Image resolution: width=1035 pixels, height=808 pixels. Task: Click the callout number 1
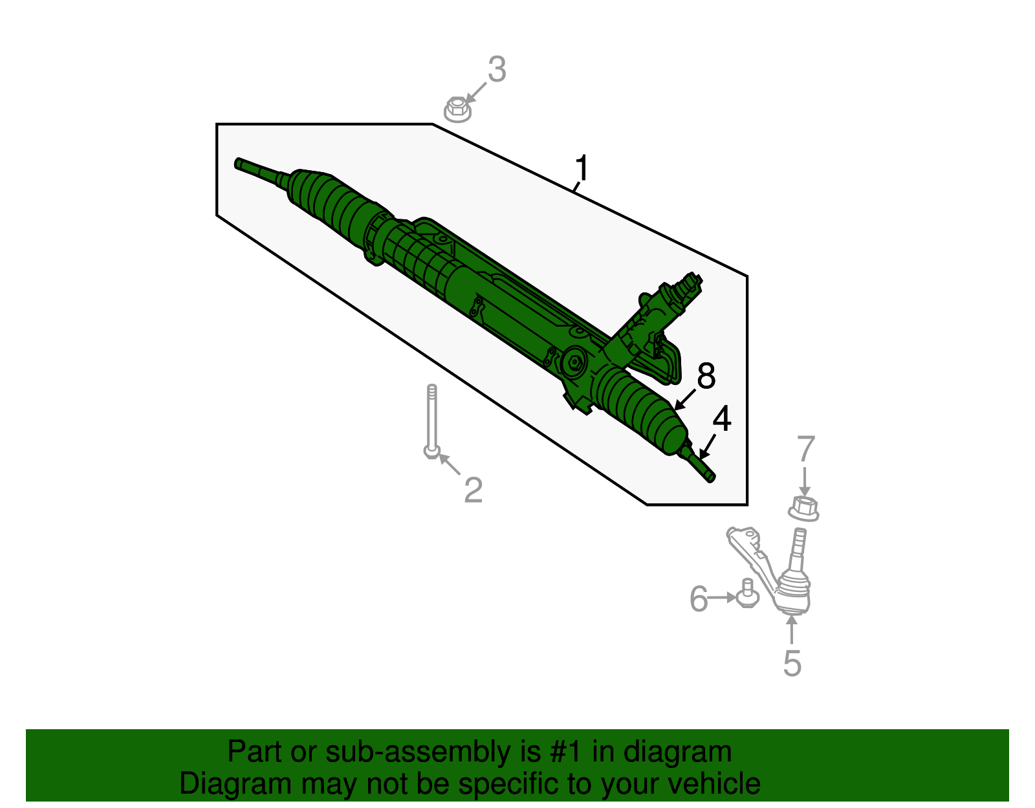coord(582,168)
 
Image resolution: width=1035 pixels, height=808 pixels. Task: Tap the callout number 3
coord(496,69)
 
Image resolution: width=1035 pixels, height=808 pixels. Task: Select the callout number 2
coord(474,490)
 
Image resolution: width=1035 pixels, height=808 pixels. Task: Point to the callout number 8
coord(706,376)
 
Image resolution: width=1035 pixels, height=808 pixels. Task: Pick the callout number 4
coord(722,419)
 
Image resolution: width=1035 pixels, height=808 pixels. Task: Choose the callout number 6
coord(699,598)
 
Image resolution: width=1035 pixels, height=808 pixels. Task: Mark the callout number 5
coord(792,663)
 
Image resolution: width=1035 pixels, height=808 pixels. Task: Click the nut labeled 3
coord(457,109)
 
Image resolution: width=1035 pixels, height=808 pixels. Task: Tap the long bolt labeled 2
coord(431,420)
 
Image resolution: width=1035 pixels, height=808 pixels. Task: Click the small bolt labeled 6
coord(747,593)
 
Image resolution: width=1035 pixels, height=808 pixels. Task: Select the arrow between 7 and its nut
coord(804,481)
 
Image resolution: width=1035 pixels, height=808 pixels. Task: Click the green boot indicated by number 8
coord(640,408)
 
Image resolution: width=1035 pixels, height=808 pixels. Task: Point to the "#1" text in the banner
coord(567,752)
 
